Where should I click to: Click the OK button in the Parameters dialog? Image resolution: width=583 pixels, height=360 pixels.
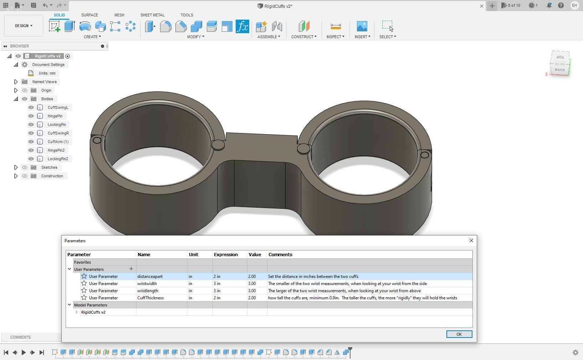(x=459, y=334)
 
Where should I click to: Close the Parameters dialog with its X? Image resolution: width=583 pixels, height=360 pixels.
(x=471, y=240)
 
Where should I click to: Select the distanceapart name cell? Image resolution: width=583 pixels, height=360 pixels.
(x=150, y=277)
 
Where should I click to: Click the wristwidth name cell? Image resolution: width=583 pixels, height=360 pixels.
(x=147, y=284)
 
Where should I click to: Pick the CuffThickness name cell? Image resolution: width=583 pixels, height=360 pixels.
(x=150, y=298)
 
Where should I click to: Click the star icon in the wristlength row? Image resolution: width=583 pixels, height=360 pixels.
(x=84, y=290)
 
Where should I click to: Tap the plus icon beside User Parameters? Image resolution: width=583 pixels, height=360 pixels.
(x=131, y=269)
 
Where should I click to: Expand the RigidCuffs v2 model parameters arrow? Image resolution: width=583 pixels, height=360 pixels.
(x=76, y=312)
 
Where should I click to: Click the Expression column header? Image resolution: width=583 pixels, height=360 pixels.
(x=226, y=255)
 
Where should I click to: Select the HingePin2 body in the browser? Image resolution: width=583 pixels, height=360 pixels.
(x=56, y=150)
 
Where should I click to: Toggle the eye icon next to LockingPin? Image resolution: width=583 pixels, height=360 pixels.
(x=31, y=125)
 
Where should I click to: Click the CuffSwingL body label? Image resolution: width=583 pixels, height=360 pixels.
(x=58, y=107)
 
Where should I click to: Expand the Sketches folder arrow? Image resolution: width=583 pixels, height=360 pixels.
(x=16, y=167)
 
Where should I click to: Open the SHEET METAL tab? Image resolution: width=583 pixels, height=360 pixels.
(x=152, y=15)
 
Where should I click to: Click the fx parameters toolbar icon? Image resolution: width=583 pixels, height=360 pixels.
(x=242, y=26)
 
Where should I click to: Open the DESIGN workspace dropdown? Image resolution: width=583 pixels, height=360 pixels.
(x=24, y=26)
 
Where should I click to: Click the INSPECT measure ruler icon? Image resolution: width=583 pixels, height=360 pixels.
(x=336, y=26)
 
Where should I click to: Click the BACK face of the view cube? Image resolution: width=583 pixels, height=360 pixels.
(x=559, y=70)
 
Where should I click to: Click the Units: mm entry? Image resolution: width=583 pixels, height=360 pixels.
(x=47, y=73)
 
